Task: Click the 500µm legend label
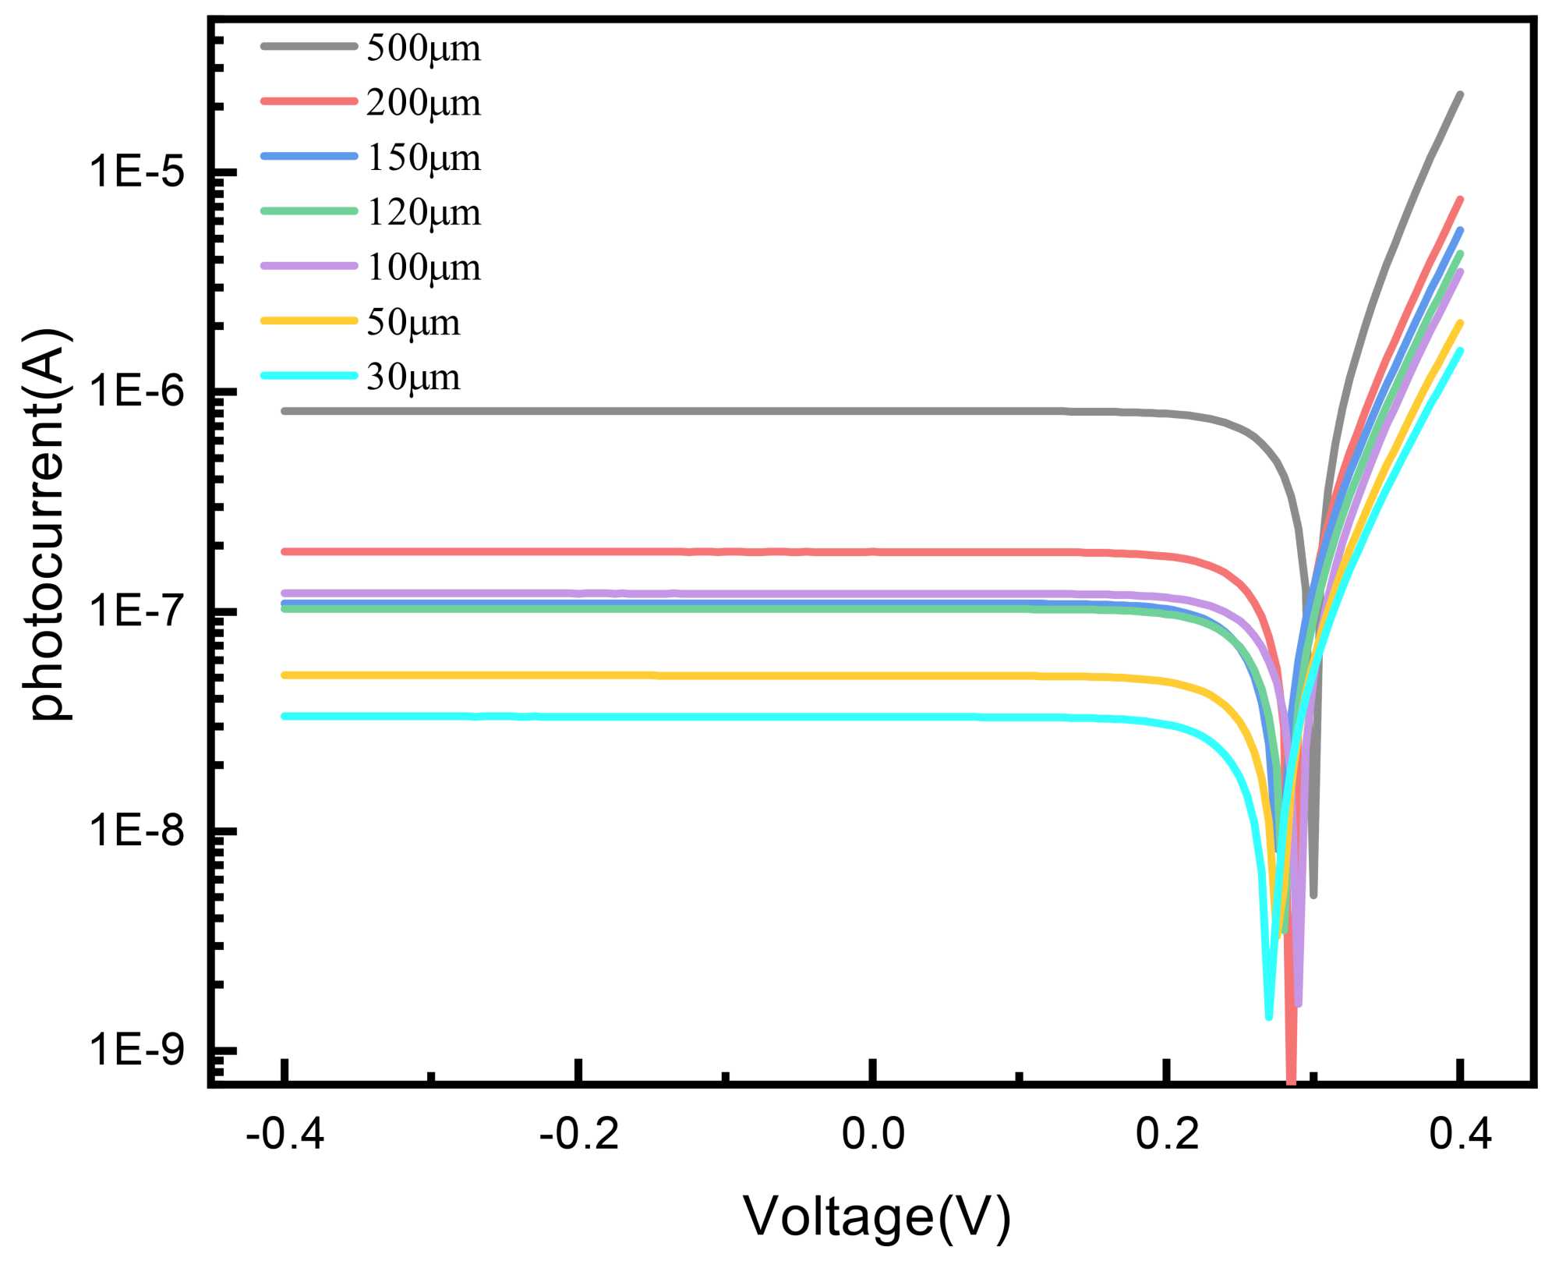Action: point(423,48)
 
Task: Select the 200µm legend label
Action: point(423,103)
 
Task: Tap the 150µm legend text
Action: point(423,158)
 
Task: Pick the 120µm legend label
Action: point(423,212)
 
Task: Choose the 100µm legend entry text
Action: point(423,267)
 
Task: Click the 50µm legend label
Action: point(413,322)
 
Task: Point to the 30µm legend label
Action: point(413,377)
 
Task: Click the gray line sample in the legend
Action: point(309,47)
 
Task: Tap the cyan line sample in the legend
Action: point(309,376)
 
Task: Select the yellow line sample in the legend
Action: point(309,321)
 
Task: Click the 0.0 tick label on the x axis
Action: point(872,1133)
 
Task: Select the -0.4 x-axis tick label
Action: point(285,1133)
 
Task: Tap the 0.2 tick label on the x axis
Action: point(1166,1133)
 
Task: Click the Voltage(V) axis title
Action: point(877,1216)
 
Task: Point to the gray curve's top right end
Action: point(1460,94)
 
